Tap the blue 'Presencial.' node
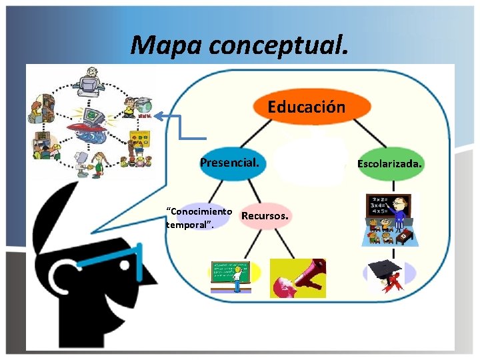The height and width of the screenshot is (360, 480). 233,163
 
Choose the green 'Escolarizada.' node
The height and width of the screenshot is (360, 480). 390,163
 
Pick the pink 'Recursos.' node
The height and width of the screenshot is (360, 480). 265,216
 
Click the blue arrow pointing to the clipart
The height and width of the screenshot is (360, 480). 180,127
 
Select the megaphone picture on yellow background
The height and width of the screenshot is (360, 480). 297,277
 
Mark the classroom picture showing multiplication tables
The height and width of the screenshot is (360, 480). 389,220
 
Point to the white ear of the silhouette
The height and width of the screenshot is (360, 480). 63,273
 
